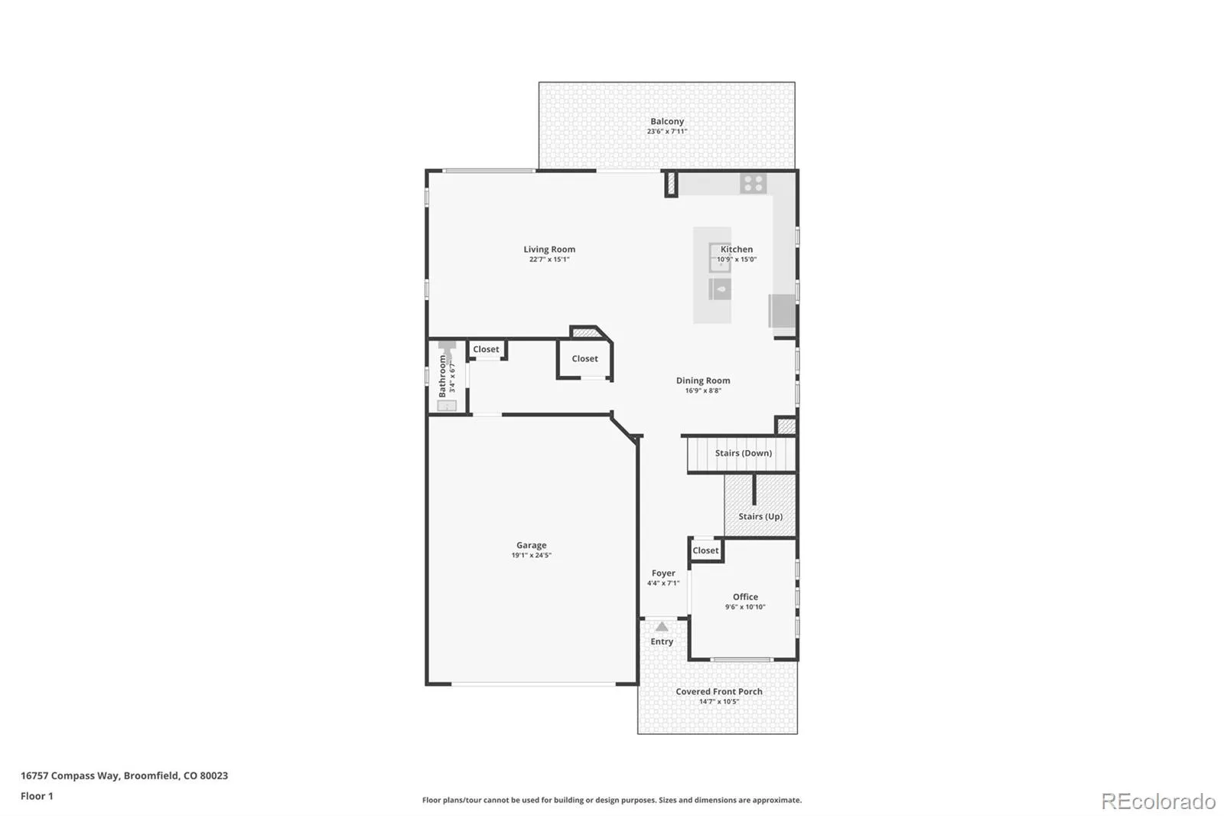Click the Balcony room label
tap(666, 122)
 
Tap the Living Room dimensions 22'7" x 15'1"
tap(549, 259)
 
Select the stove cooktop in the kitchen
tap(753, 184)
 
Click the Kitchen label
tap(736, 250)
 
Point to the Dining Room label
tap(703, 380)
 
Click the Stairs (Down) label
tap(743, 453)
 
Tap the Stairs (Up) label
tap(760, 516)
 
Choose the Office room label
tap(745, 596)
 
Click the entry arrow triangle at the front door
tap(662, 627)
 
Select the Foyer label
tap(663, 573)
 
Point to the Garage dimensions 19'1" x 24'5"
tap(531, 555)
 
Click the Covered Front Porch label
tap(718, 691)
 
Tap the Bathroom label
tap(443, 377)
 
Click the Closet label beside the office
tap(705, 550)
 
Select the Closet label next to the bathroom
tap(486, 350)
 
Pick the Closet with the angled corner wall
tap(584, 359)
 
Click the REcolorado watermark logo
tap(1158, 801)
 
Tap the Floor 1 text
tap(37, 796)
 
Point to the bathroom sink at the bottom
tap(447, 406)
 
